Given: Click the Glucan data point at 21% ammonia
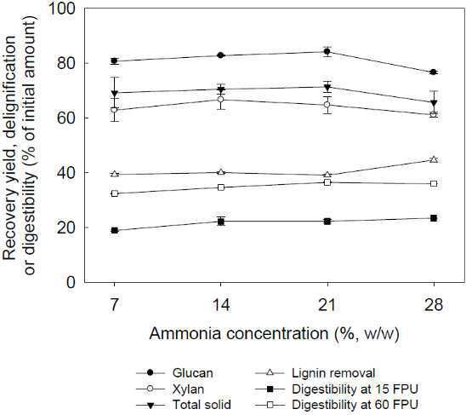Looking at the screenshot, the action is coord(327,51).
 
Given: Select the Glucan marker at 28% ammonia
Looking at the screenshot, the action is coord(434,72).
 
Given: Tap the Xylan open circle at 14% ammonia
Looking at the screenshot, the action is coord(220,99).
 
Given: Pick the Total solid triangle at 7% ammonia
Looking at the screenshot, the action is coord(115,93).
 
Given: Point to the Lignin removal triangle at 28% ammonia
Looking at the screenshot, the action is coord(434,159).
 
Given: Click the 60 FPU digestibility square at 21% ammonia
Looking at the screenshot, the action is coord(327,182).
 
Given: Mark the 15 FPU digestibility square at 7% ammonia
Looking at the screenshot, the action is coord(115,230).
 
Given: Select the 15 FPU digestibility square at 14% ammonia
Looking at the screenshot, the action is coord(220,222).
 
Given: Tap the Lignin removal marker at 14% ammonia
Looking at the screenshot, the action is coord(220,172).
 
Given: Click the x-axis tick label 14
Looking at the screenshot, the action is coord(220,305).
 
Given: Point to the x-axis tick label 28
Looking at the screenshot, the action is coord(434,305).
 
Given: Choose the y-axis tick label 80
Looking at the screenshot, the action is coord(66,63).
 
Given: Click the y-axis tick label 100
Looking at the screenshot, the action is coord(61,9).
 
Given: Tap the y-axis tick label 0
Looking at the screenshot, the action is coord(71,282).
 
